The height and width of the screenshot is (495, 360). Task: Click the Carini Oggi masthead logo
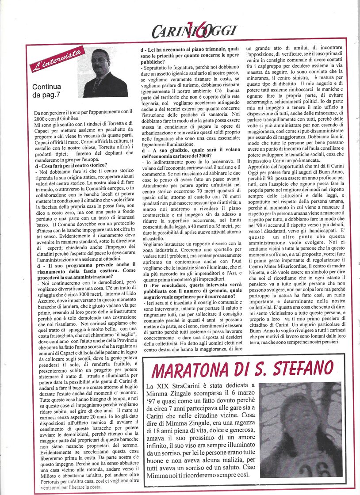[x=194, y=30]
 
